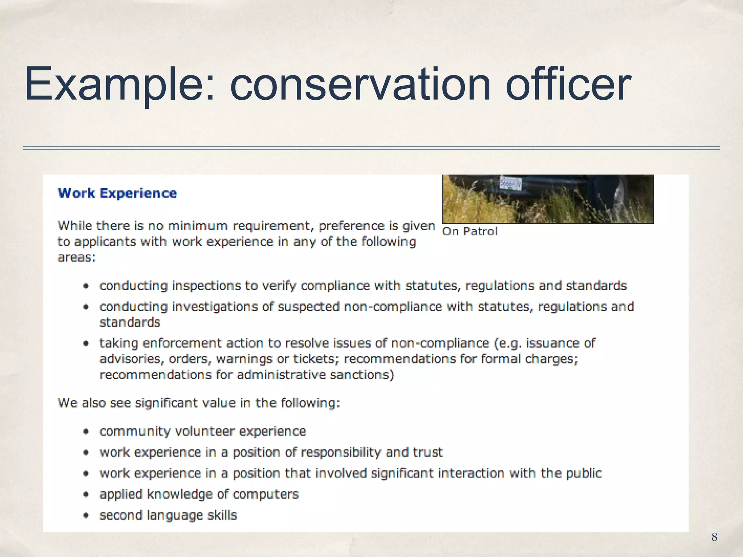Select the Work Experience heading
(117, 193)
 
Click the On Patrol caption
(469, 231)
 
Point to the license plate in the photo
(510, 183)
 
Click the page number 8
(714, 537)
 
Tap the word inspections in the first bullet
(206, 286)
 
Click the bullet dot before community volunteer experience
(86, 432)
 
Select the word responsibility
(341, 452)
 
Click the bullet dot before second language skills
(86, 515)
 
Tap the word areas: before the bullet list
(77, 257)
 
